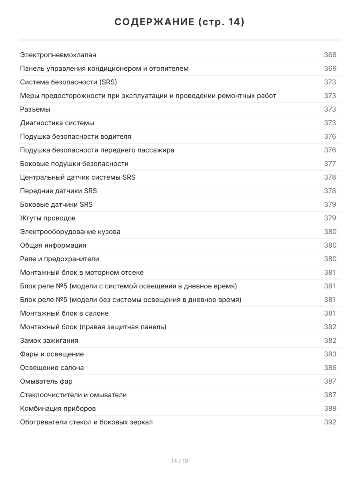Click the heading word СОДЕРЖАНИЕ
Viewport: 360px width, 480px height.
coord(154,22)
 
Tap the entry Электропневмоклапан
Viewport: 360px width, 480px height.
coord(58,55)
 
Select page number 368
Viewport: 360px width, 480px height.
coord(330,55)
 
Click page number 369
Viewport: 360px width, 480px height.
coord(330,68)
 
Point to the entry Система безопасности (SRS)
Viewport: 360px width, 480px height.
coord(68,82)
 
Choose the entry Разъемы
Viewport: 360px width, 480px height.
coord(35,109)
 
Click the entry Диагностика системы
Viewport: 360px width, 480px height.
coord(57,123)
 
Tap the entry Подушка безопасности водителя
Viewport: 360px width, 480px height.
coord(76,136)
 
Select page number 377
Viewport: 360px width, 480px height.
coord(330,164)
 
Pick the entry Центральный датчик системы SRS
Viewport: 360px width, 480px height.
coord(78,177)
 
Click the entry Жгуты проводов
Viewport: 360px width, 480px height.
coord(48,218)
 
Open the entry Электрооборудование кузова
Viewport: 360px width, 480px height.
coord(70,232)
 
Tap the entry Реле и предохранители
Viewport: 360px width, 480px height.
coord(60,259)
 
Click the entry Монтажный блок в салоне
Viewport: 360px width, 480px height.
coord(64,313)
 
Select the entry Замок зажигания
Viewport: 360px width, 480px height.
coord(49,340)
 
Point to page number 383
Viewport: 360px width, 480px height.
coord(330,354)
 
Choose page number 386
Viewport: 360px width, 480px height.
coord(330,368)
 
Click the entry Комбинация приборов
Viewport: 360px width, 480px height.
coord(58,408)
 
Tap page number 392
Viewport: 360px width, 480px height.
coord(330,422)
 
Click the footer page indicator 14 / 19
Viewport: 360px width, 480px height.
coord(180,461)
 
